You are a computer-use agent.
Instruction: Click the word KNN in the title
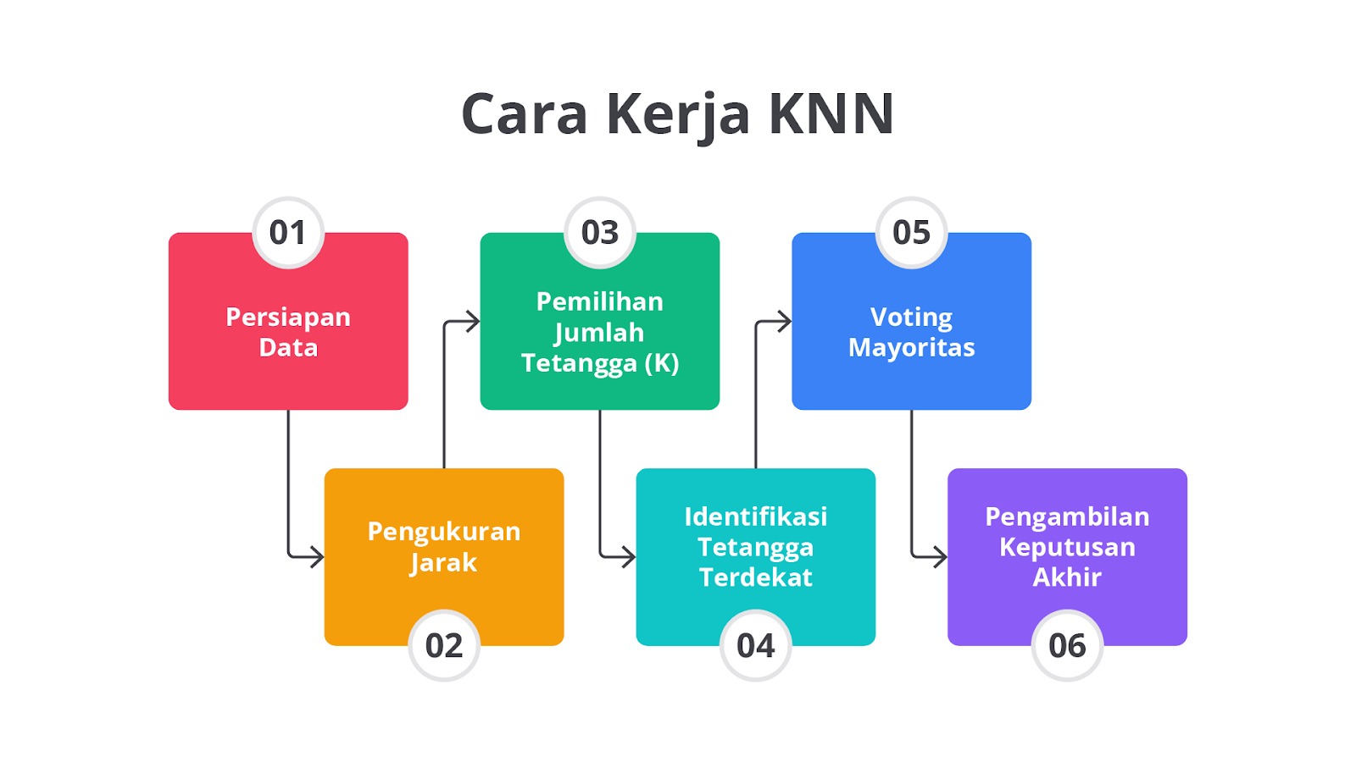click(x=831, y=113)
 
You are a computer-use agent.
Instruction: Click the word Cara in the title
click(x=525, y=113)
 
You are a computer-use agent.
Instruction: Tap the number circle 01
click(x=288, y=232)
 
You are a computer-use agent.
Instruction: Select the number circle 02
click(x=444, y=645)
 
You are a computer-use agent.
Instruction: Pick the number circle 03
click(x=600, y=232)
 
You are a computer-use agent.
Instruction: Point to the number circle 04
click(x=755, y=645)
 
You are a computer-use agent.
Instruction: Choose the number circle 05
click(x=912, y=232)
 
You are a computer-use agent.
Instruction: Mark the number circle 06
click(x=1067, y=645)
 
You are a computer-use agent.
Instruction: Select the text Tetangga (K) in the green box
click(x=600, y=363)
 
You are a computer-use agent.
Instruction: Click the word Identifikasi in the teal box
click(x=755, y=516)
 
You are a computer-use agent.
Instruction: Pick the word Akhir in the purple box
click(x=1067, y=577)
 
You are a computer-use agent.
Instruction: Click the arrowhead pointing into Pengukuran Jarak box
click(x=317, y=556)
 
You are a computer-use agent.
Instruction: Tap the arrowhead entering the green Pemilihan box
click(x=473, y=321)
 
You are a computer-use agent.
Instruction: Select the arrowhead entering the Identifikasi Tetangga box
click(x=629, y=556)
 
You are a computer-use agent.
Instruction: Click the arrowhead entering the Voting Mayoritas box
click(x=785, y=321)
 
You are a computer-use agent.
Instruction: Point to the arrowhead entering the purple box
click(x=941, y=556)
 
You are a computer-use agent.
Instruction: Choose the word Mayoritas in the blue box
click(x=912, y=348)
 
